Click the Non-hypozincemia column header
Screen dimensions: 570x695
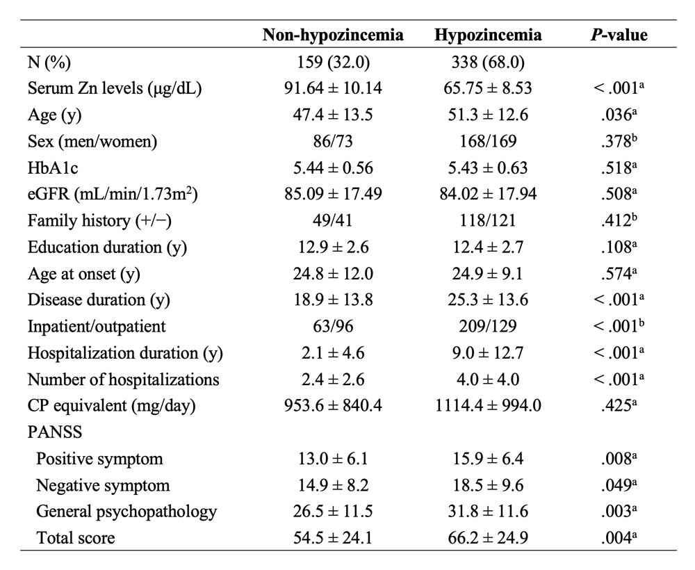click(333, 35)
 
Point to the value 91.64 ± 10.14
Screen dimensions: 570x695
click(333, 88)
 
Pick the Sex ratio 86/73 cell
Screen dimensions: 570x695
click(333, 141)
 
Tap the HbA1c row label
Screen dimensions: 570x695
click(53, 168)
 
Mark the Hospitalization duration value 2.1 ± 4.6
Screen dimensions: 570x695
click(333, 352)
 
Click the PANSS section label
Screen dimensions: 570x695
click(55, 432)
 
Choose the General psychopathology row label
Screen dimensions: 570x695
click(126, 512)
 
